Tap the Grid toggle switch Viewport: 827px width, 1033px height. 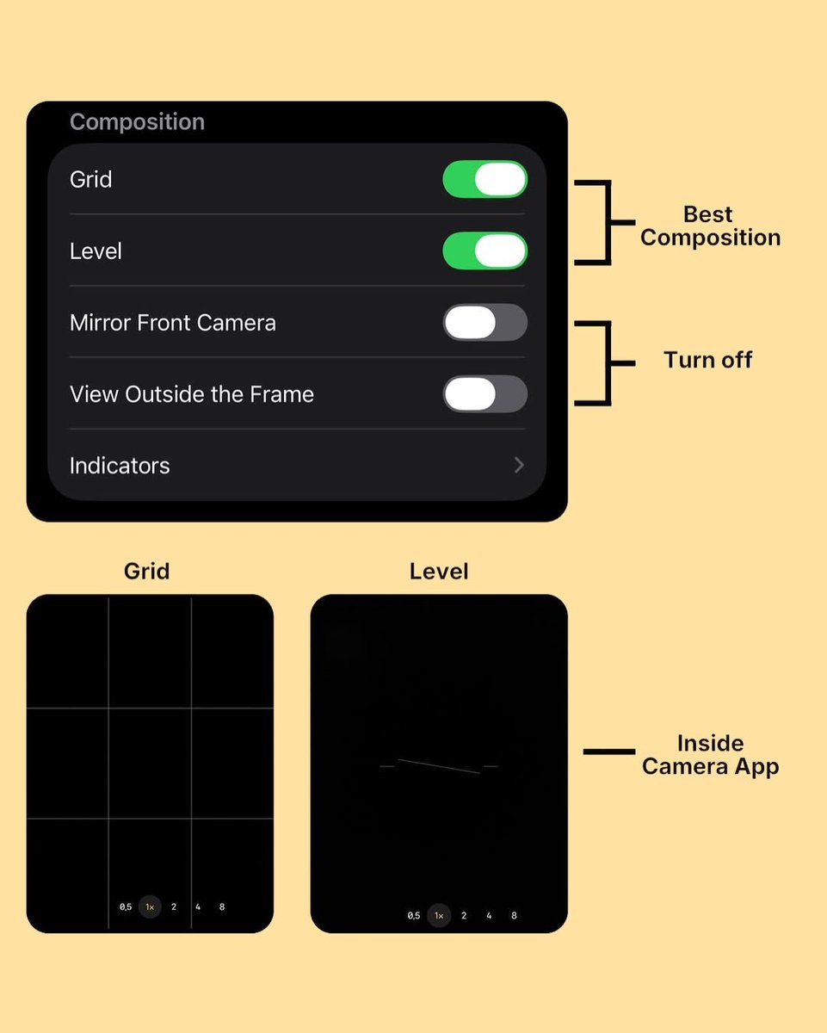(484, 179)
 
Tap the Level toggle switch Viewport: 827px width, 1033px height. (484, 251)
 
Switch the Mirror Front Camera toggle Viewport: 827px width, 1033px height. (484, 322)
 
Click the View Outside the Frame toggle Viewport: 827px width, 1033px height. (484, 393)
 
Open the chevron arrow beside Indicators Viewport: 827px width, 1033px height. (519, 465)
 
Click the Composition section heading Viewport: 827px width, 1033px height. (138, 122)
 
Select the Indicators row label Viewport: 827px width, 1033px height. (120, 466)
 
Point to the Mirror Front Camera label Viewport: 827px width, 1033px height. (173, 323)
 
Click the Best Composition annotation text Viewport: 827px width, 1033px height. (710, 226)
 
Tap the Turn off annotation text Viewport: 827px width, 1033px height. (708, 360)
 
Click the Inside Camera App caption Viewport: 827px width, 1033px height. (710, 755)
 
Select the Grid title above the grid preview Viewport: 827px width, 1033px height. (147, 572)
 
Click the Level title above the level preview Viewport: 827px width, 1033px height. (439, 572)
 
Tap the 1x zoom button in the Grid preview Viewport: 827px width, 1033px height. (150, 906)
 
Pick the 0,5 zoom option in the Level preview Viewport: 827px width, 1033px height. (414, 915)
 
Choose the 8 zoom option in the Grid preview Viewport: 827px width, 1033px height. (222, 906)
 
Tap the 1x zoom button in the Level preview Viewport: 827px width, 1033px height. (439, 915)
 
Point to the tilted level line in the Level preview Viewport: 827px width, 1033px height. (439, 766)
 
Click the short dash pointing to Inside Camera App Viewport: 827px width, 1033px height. (609, 752)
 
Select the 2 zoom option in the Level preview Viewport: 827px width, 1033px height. (464, 915)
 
